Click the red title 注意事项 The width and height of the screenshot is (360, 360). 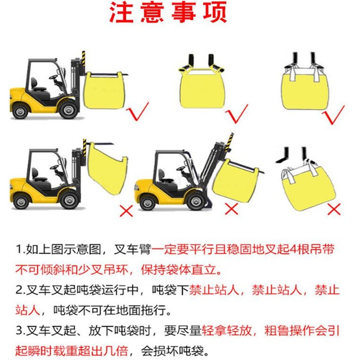click(x=168, y=12)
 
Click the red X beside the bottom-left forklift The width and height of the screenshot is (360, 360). click(x=126, y=211)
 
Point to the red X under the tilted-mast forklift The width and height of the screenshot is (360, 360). click(x=231, y=208)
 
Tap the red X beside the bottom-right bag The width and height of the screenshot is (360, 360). click(x=334, y=209)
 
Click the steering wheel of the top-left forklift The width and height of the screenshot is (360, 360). click(x=53, y=77)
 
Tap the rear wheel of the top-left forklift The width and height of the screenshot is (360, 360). click(x=20, y=111)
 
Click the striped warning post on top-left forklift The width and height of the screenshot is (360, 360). click(x=83, y=59)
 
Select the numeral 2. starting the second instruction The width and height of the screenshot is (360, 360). click(x=20, y=290)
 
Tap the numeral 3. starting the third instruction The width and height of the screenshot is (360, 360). click(x=20, y=331)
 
